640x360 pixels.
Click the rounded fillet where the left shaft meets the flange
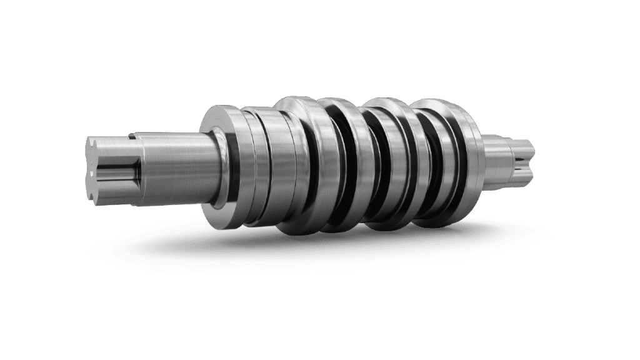[x=220, y=166]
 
